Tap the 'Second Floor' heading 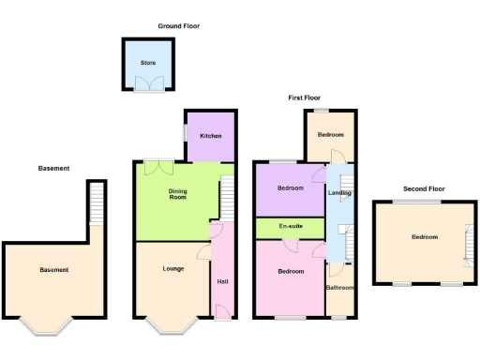pos(424,188)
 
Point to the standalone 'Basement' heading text pos(53,169)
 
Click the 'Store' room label pos(147,64)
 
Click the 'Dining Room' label pos(177,195)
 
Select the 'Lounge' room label pos(172,269)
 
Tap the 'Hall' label pos(221,281)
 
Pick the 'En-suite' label pos(290,228)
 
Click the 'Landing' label pos(338,194)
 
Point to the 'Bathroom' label pos(339,287)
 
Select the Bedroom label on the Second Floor pos(424,237)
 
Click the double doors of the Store pos(147,86)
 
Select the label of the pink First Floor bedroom pos(290,271)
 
